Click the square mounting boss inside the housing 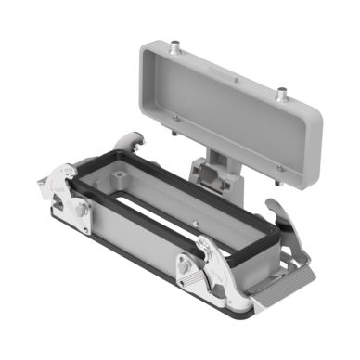point(126,171)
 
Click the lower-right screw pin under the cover point(279,168)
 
